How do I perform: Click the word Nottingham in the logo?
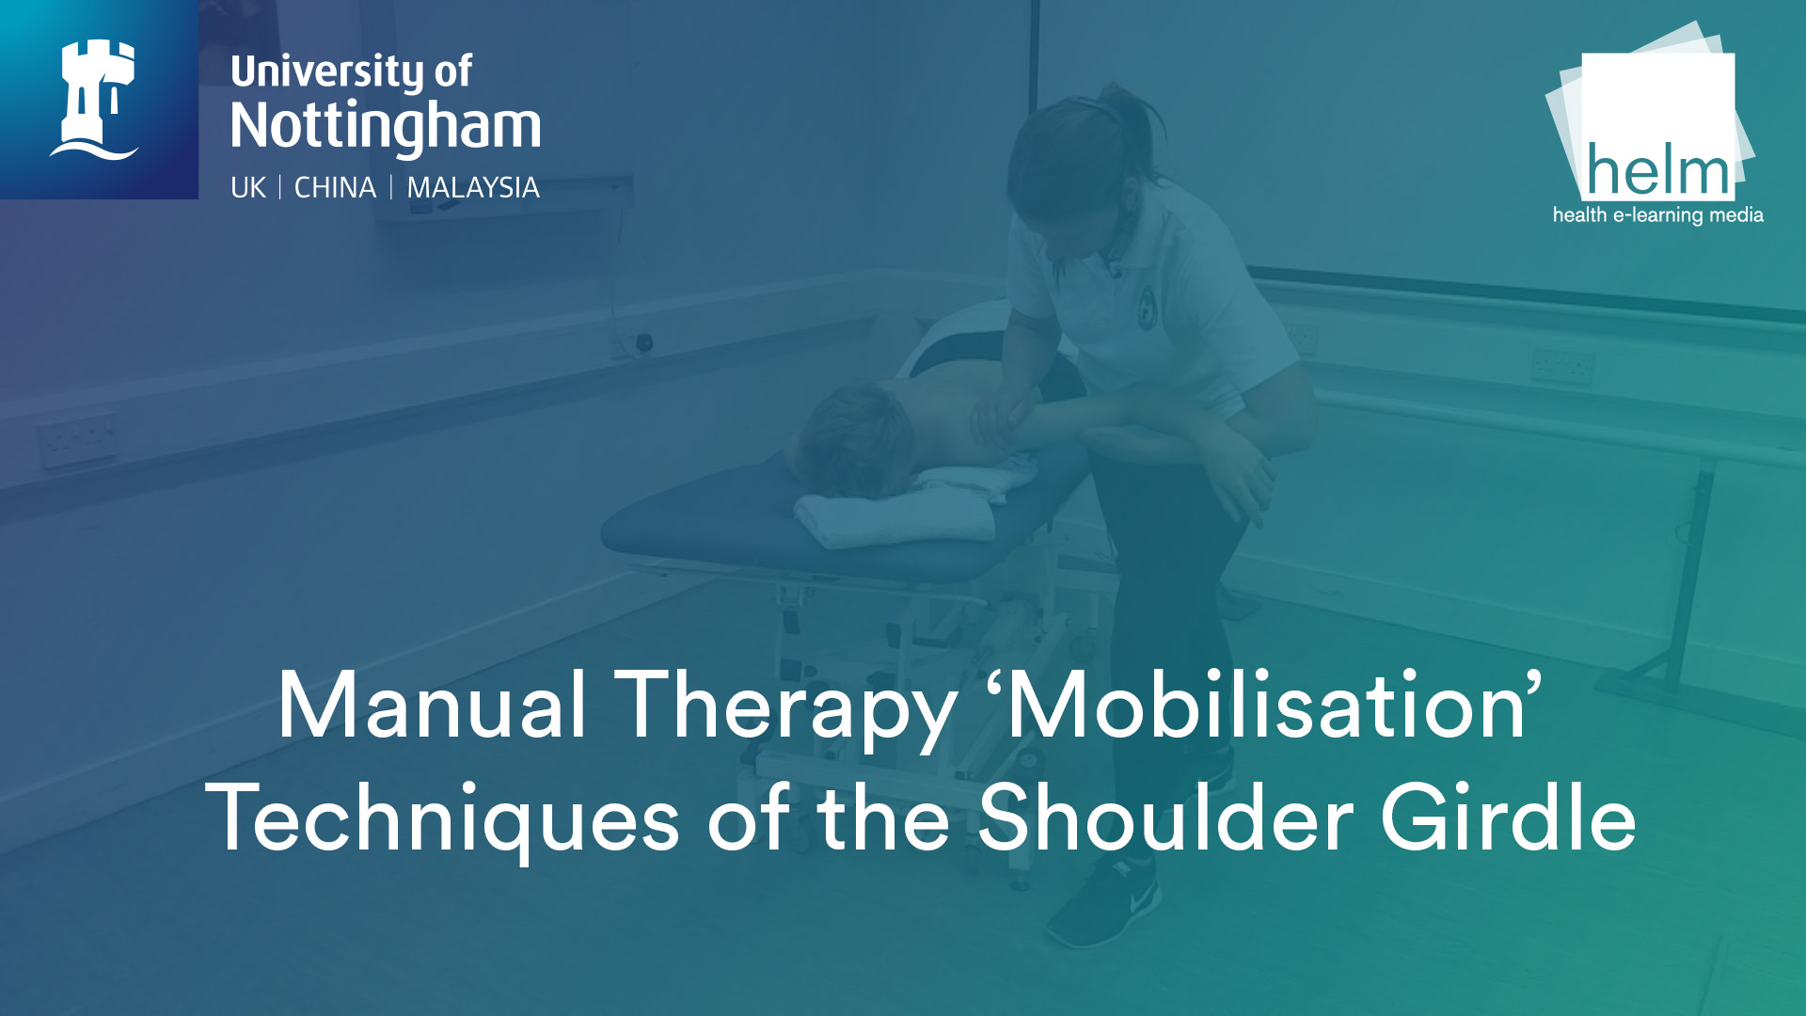pos(386,126)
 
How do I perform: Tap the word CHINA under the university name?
pos(335,187)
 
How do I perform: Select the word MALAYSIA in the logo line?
pos(473,187)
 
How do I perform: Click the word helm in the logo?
pos(1658,171)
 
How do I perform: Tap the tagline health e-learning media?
pos(1657,215)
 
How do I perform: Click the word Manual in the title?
pos(432,706)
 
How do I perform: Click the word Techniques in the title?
pos(442,818)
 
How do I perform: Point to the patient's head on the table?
pos(851,437)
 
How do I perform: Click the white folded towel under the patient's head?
pos(894,517)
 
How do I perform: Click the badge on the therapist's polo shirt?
pos(1147,306)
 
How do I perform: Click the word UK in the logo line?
pos(248,187)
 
